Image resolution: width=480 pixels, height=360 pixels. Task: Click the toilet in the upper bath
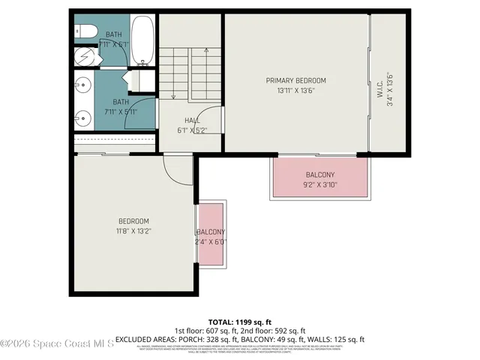pos(83,31)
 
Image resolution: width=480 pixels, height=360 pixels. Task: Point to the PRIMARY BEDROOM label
pos(296,80)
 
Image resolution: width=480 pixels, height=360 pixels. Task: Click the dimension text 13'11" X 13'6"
pos(296,91)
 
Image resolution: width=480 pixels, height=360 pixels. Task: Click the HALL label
pos(192,120)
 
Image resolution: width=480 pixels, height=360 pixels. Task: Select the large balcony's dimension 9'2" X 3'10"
pos(320,184)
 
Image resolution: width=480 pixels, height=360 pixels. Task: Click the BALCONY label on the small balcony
pos(211,232)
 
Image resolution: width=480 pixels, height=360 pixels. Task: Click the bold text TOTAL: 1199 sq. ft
pos(239,321)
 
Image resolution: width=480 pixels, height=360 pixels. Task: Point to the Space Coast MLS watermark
pos(57,343)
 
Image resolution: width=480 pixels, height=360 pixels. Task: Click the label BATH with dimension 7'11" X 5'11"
pos(120,102)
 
